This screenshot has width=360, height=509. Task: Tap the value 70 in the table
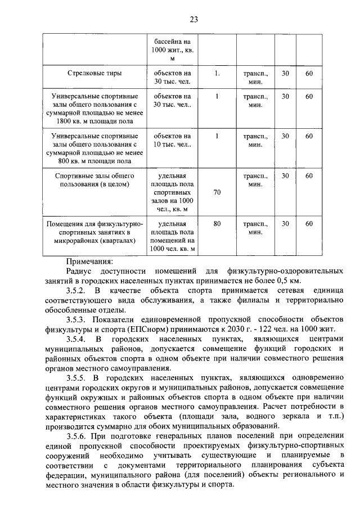click(x=217, y=192)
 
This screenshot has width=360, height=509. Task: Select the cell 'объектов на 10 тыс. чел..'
click(x=173, y=140)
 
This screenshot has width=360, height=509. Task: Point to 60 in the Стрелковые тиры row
click(x=309, y=73)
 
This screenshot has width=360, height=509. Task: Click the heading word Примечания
click(x=89, y=261)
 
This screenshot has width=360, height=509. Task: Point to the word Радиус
click(x=79, y=271)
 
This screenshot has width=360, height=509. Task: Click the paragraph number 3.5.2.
click(x=77, y=290)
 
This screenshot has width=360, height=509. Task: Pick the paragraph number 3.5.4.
click(x=77, y=339)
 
